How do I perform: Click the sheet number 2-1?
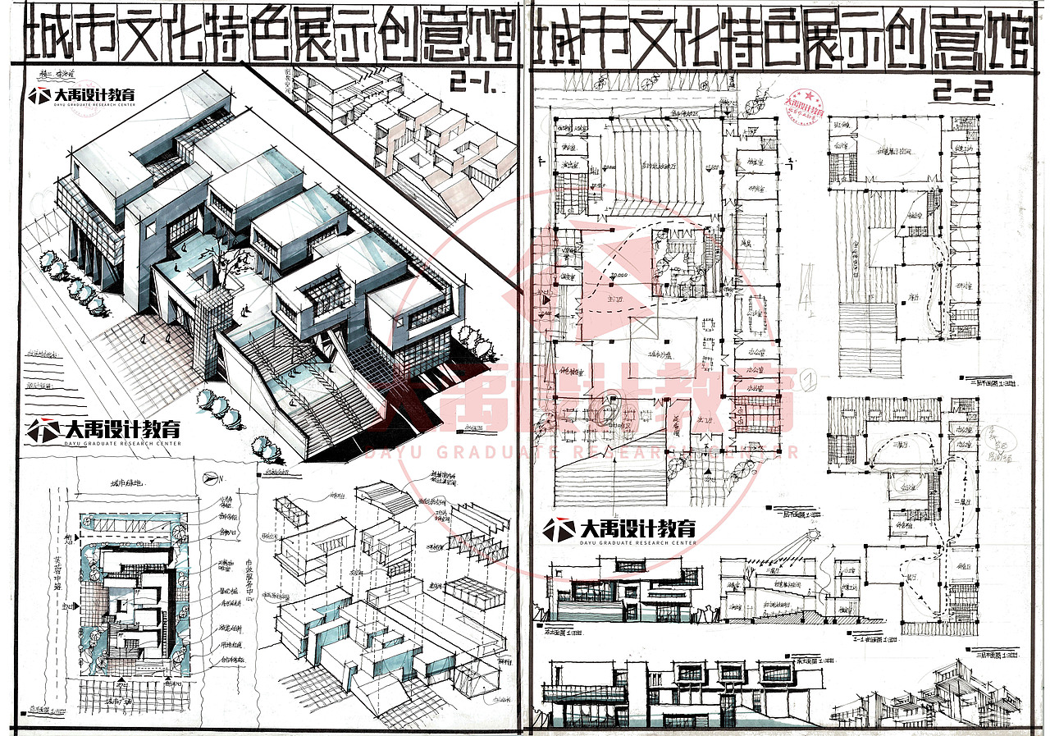[x=475, y=82]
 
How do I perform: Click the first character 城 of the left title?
[x=47, y=36]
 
